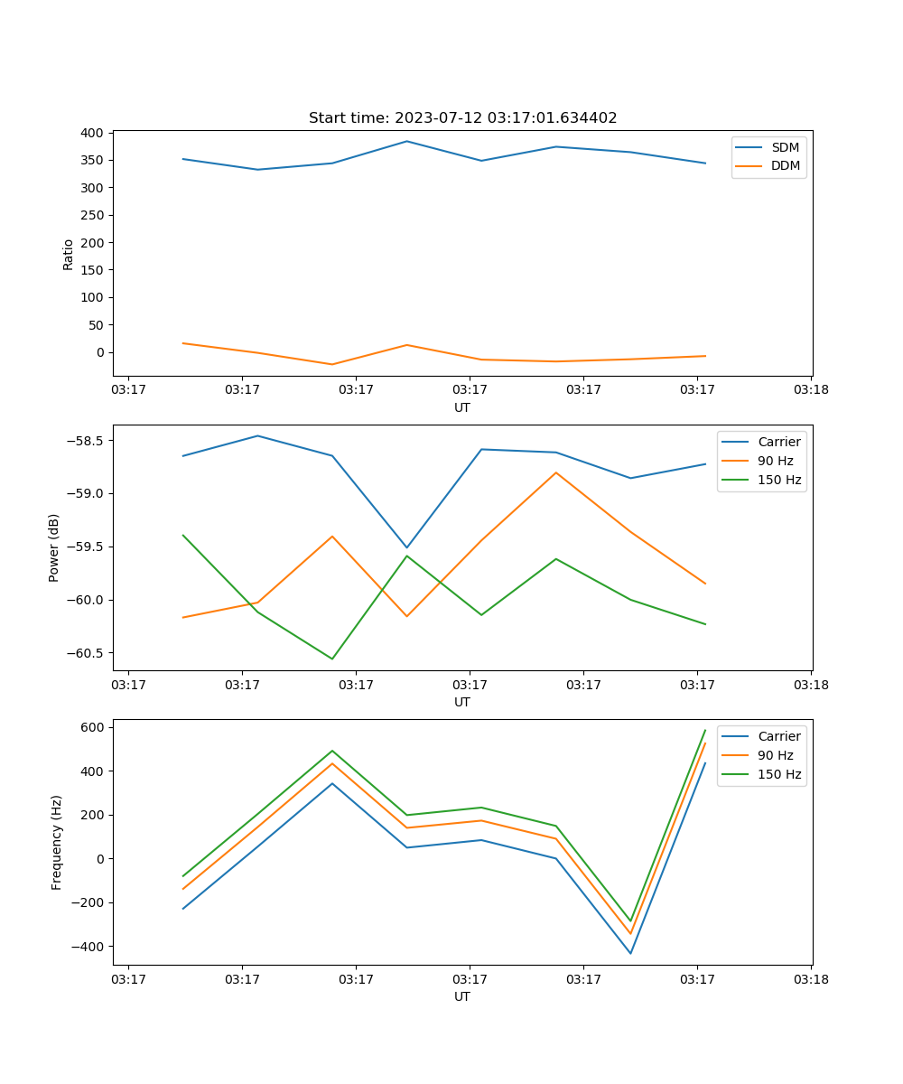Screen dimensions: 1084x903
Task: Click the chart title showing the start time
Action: (462, 118)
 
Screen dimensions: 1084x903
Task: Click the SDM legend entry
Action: (785, 147)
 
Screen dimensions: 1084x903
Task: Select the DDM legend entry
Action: (785, 166)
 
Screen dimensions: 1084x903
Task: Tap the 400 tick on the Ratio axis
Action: (91, 133)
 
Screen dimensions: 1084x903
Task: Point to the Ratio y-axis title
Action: (69, 253)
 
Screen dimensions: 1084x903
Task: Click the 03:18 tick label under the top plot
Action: (810, 390)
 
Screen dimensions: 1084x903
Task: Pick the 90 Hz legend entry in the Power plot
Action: (775, 461)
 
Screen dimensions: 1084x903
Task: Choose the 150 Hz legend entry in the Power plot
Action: (778, 480)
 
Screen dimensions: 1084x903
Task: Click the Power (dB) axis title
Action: (54, 547)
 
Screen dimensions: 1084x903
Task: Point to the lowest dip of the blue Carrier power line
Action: (406, 547)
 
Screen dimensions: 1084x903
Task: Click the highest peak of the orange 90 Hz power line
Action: (556, 472)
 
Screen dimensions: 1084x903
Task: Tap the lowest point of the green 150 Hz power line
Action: (332, 659)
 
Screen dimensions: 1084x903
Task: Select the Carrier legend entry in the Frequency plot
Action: (778, 736)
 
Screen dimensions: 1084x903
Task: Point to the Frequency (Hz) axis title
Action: (57, 842)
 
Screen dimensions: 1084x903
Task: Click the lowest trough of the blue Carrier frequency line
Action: (630, 953)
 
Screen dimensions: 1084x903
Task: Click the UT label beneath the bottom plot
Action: (462, 997)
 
